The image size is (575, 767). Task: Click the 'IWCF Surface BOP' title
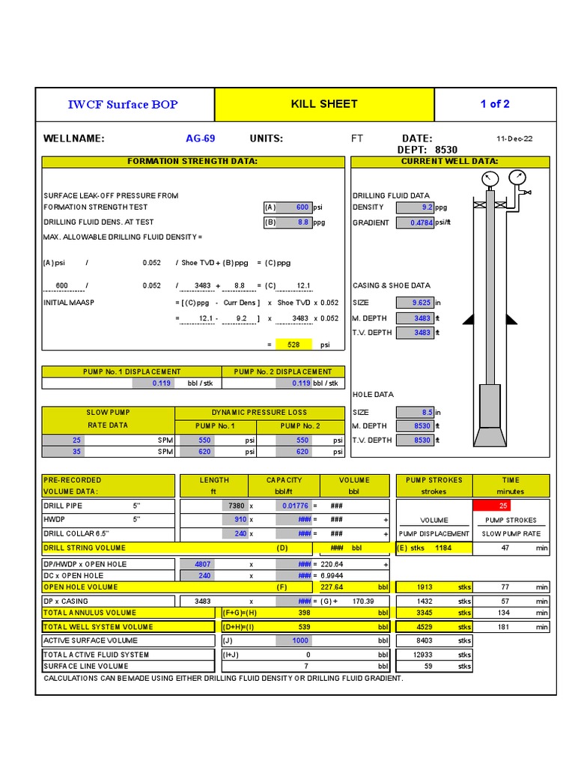pyautogui.click(x=124, y=104)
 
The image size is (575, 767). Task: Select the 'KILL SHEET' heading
pyautogui.click(x=324, y=104)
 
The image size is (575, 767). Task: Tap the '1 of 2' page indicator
pyautogui.click(x=495, y=104)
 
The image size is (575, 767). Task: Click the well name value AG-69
pyautogui.click(x=200, y=139)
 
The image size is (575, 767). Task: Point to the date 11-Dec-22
pyautogui.click(x=515, y=139)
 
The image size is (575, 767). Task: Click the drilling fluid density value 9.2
pyautogui.click(x=414, y=207)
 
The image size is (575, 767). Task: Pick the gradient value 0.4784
pyautogui.click(x=414, y=223)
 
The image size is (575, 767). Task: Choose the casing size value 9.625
pyautogui.click(x=414, y=303)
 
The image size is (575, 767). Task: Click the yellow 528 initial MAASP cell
pyautogui.click(x=290, y=345)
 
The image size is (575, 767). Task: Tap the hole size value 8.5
pyautogui.click(x=414, y=412)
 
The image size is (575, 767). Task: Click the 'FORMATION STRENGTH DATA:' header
pyautogui.click(x=192, y=162)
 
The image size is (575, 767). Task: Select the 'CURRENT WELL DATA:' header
pyautogui.click(x=450, y=162)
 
